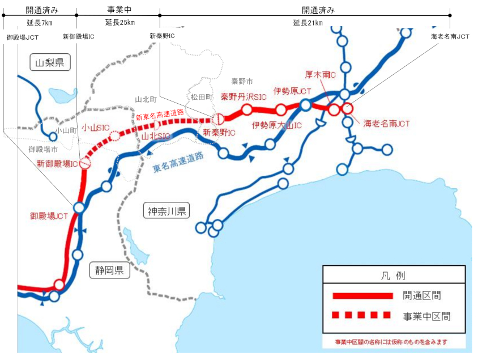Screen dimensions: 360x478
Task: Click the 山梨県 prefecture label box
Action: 49,63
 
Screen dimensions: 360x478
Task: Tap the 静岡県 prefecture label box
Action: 109,270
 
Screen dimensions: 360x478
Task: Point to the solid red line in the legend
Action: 362,296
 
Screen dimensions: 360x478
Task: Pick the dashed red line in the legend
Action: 362,315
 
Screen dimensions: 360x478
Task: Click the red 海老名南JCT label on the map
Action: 387,123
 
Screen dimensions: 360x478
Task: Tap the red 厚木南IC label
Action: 321,75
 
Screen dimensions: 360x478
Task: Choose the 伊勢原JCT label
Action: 292,91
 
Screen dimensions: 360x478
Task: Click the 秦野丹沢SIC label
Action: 244,97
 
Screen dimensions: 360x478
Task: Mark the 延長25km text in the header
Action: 119,23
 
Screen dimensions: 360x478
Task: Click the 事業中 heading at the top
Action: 119,10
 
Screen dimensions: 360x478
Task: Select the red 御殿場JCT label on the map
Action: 49,216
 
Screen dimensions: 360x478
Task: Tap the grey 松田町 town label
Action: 201,97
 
